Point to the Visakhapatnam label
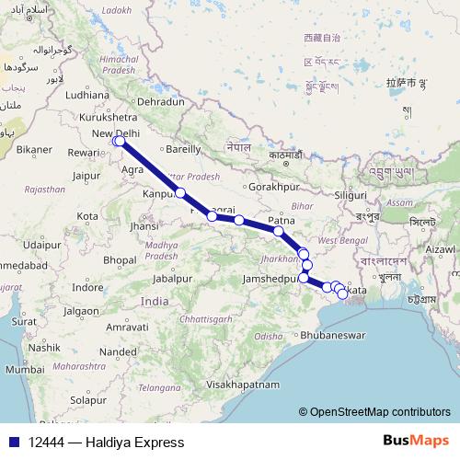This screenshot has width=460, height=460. coord(243,383)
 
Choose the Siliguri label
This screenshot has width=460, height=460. coord(350,196)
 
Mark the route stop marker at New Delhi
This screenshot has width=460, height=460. coord(118,142)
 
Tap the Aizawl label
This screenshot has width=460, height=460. coord(440,249)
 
